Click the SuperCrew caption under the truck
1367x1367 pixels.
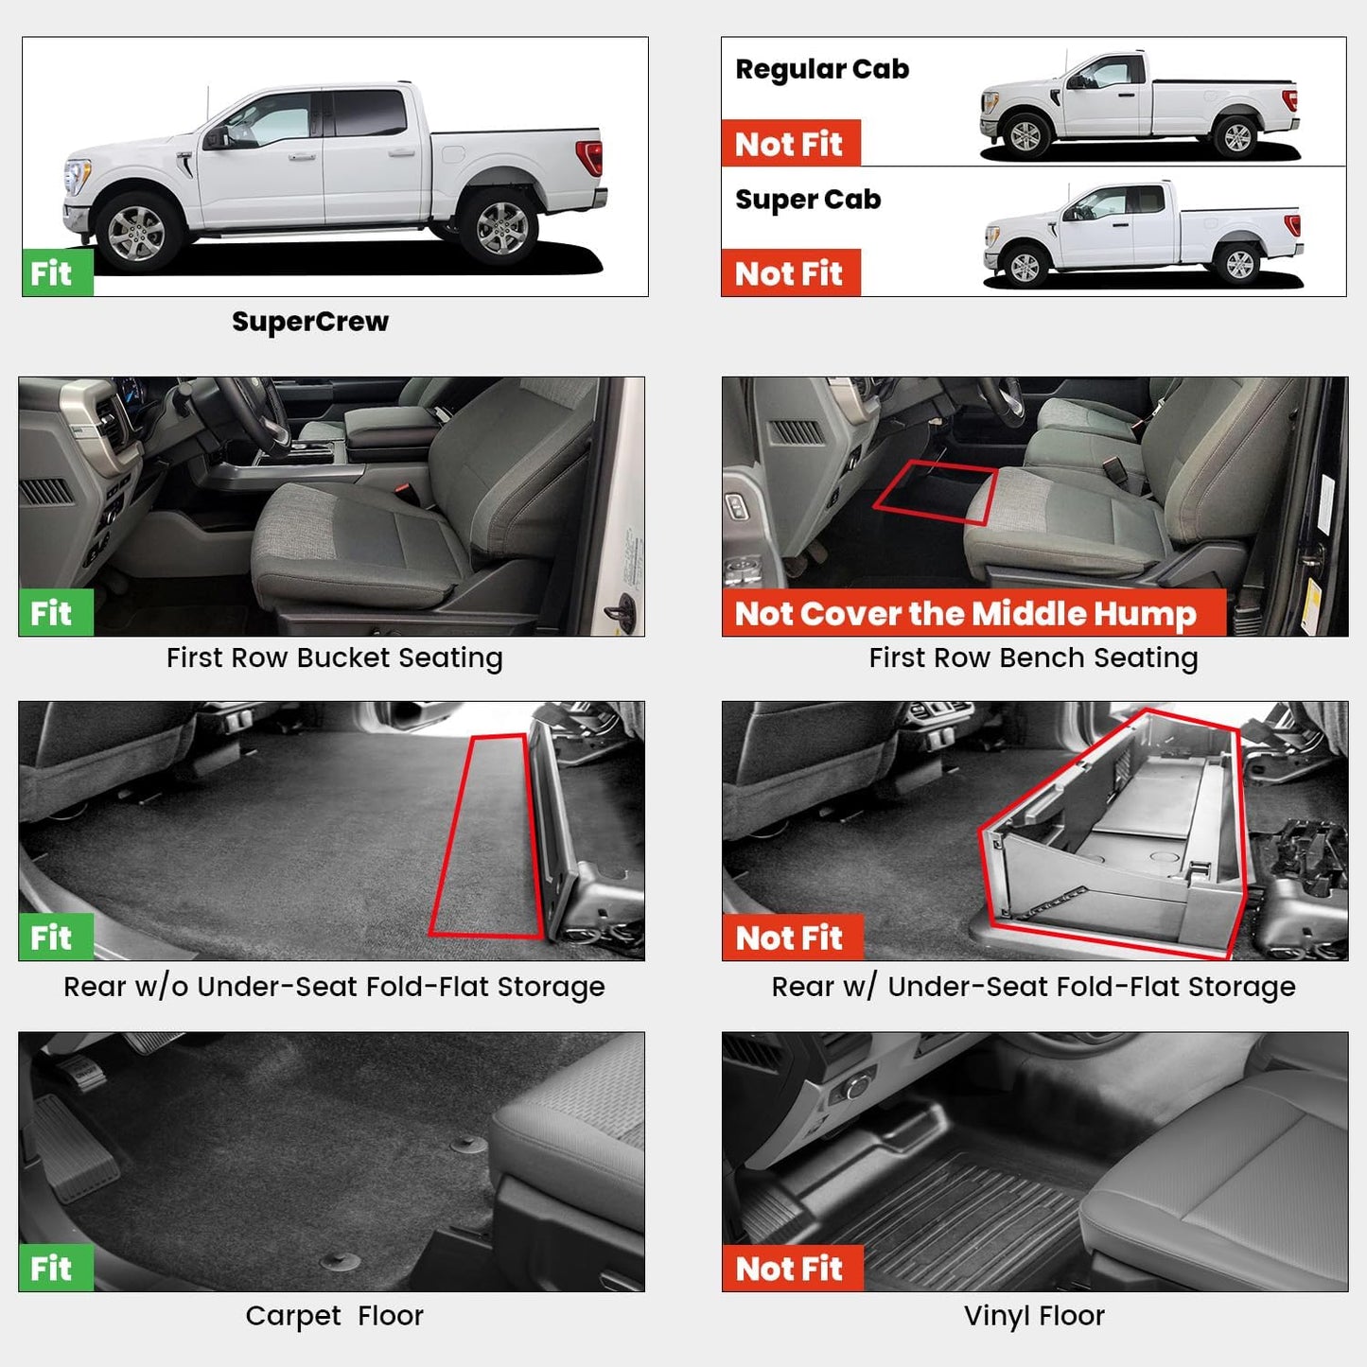(x=310, y=322)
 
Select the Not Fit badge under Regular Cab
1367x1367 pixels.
(x=790, y=144)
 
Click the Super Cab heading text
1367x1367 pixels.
(x=808, y=200)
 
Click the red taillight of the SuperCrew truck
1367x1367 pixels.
(x=589, y=158)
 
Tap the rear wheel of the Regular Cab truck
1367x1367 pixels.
(x=1236, y=138)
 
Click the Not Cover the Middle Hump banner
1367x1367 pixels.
(x=966, y=614)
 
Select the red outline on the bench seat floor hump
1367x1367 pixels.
(x=935, y=492)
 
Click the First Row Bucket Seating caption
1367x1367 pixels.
(x=334, y=657)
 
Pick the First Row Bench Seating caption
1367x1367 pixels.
(x=1033, y=657)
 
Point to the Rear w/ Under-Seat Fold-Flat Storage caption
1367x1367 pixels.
(x=1033, y=987)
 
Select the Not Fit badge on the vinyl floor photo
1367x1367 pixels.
(x=791, y=1269)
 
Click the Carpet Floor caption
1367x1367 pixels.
(x=334, y=1316)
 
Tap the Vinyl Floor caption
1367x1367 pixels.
(x=1034, y=1316)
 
